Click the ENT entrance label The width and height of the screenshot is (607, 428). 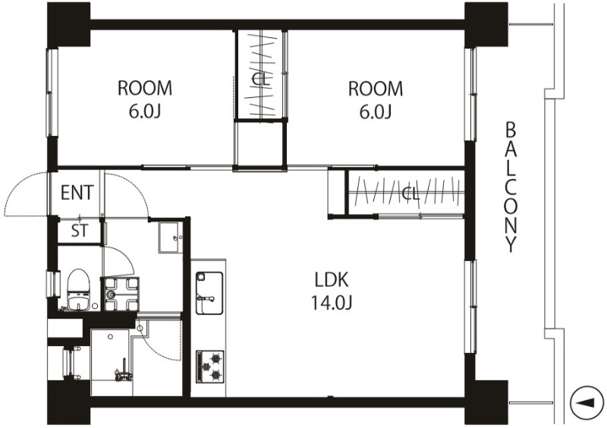(x=77, y=193)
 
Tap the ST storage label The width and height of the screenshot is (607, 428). (x=80, y=231)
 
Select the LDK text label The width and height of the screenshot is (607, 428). (x=332, y=280)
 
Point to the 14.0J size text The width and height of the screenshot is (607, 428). (x=332, y=303)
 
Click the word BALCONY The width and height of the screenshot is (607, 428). (x=511, y=187)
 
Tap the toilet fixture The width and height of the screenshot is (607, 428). (x=79, y=290)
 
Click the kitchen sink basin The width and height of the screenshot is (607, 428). (x=209, y=293)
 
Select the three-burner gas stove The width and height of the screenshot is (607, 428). (x=210, y=367)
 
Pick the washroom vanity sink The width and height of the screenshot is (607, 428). (x=170, y=238)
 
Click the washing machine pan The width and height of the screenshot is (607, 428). (x=120, y=294)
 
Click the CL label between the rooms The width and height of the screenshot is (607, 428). (x=260, y=80)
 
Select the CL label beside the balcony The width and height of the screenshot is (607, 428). (x=410, y=194)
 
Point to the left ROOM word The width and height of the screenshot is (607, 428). (x=145, y=88)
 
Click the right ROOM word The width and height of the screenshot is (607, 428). (x=376, y=89)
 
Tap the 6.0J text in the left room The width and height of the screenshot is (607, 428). (x=145, y=112)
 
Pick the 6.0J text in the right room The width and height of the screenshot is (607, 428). (x=376, y=112)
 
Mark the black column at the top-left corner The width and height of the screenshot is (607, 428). (x=68, y=24)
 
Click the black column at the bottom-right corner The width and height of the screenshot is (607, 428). (x=486, y=402)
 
